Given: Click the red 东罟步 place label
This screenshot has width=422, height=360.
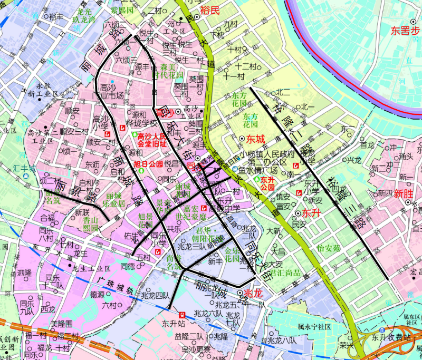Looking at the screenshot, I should click(405, 30).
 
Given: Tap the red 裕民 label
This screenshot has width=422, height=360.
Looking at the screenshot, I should click(210, 10).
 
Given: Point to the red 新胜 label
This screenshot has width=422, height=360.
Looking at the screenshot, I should click(402, 193).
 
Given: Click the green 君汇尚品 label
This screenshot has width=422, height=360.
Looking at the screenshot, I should click(288, 273).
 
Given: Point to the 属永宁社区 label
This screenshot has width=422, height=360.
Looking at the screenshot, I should click(314, 327).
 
